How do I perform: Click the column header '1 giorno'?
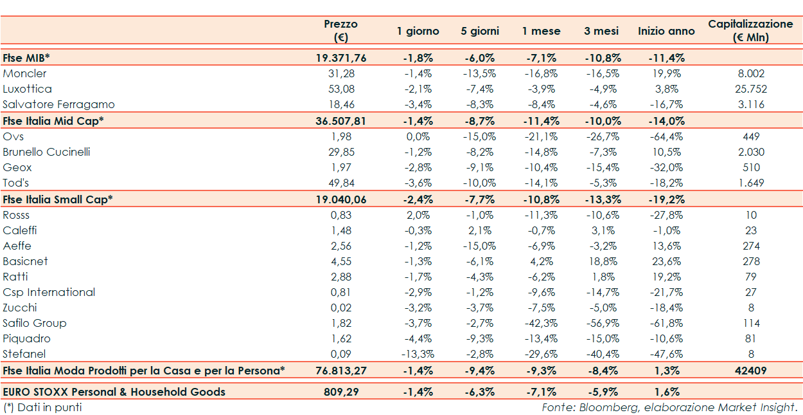point(418,31)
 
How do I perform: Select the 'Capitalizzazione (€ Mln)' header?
point(750,30)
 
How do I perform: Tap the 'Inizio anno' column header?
point(666,31)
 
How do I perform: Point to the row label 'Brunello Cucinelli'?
point(46,152)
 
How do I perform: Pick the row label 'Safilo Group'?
point(35,323)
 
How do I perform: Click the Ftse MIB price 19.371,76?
point(341,58)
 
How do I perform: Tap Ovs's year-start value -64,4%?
point(666,136)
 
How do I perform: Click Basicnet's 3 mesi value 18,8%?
point(602,261)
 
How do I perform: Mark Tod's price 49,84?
point(341,183)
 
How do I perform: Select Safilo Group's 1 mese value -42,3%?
point(541,323)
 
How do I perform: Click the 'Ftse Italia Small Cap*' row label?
point(58,199)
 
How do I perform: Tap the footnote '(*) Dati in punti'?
point(42,407)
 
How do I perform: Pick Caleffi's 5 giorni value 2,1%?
point(480,230)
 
